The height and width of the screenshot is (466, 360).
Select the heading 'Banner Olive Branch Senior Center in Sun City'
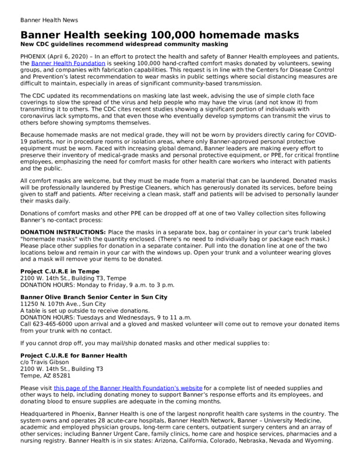click(x=93, y=297)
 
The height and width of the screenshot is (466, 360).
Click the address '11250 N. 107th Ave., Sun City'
click(x=63, y=304)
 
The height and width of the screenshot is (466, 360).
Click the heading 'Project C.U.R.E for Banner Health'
click(x=73, y=355)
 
